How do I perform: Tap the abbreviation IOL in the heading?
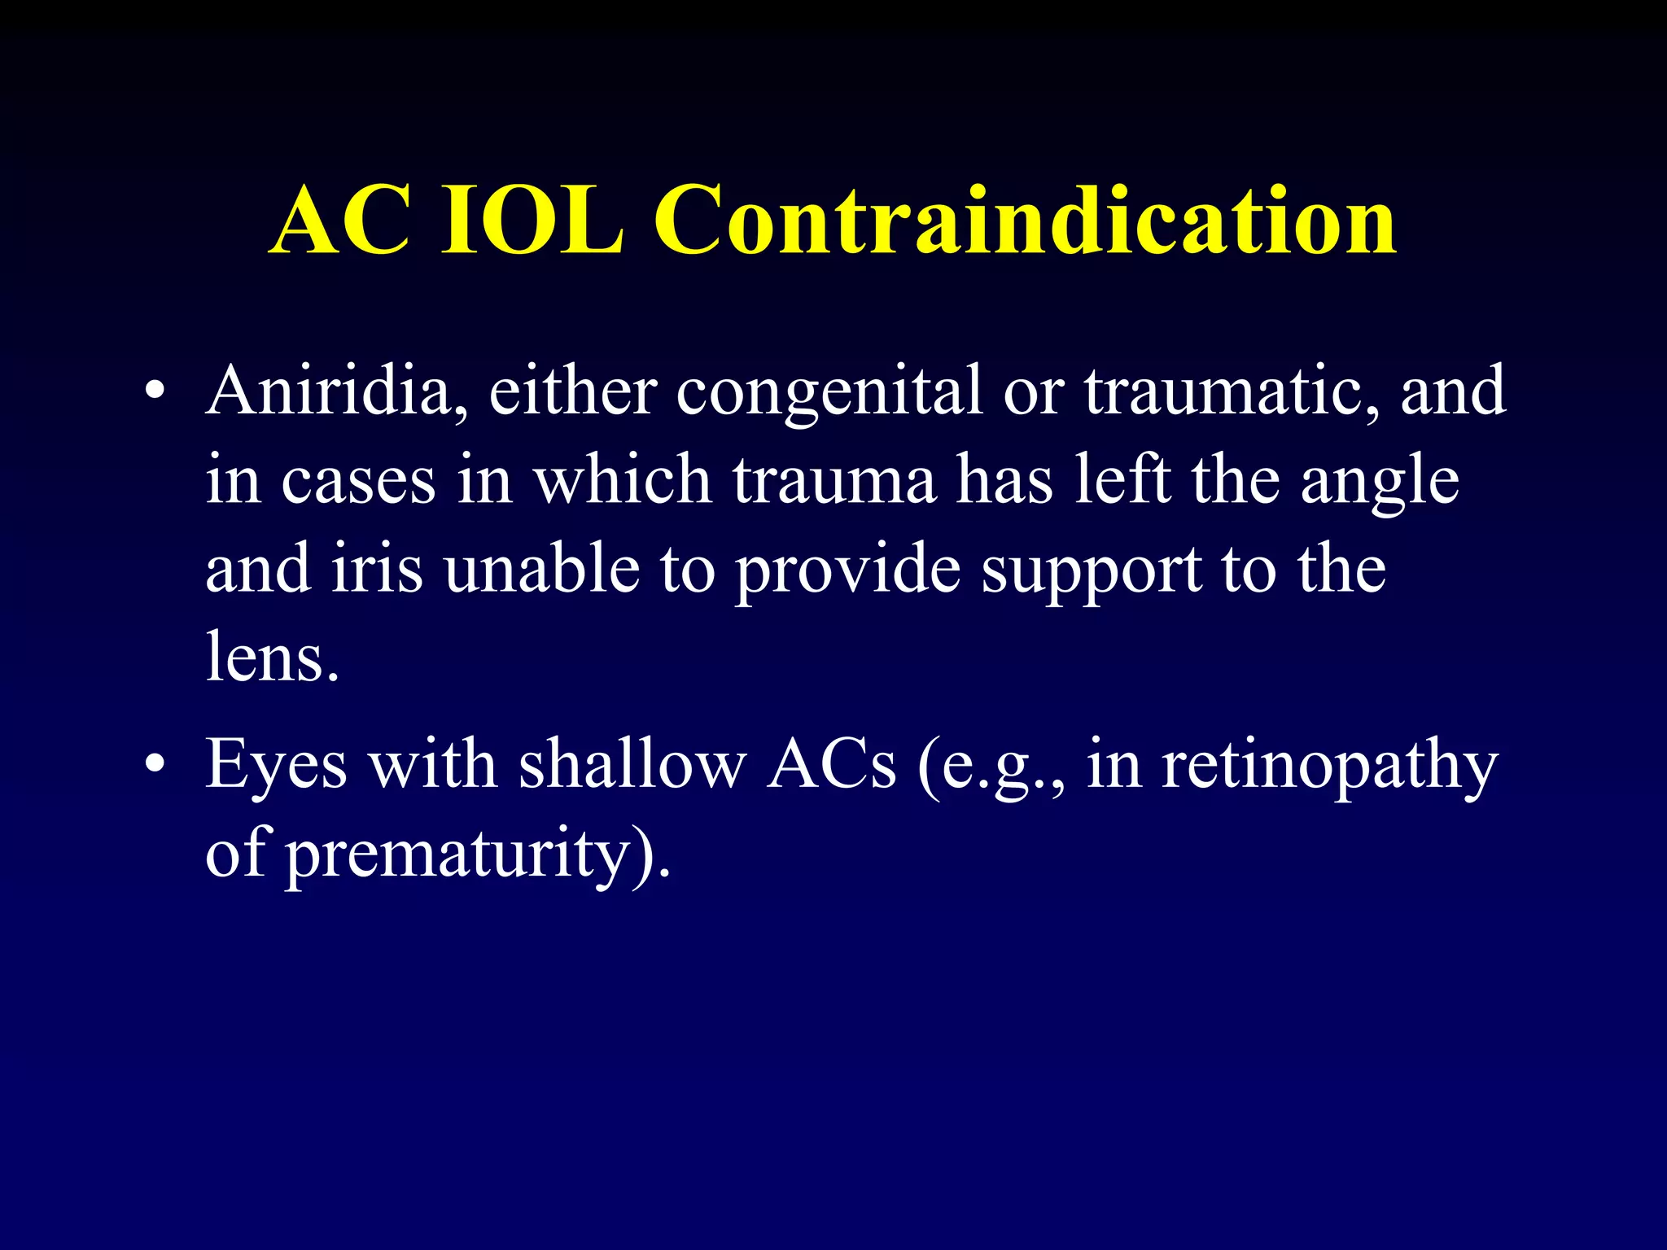coord(533,221)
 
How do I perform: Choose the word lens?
coord(270,658)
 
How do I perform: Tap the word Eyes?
coord(276,767)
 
